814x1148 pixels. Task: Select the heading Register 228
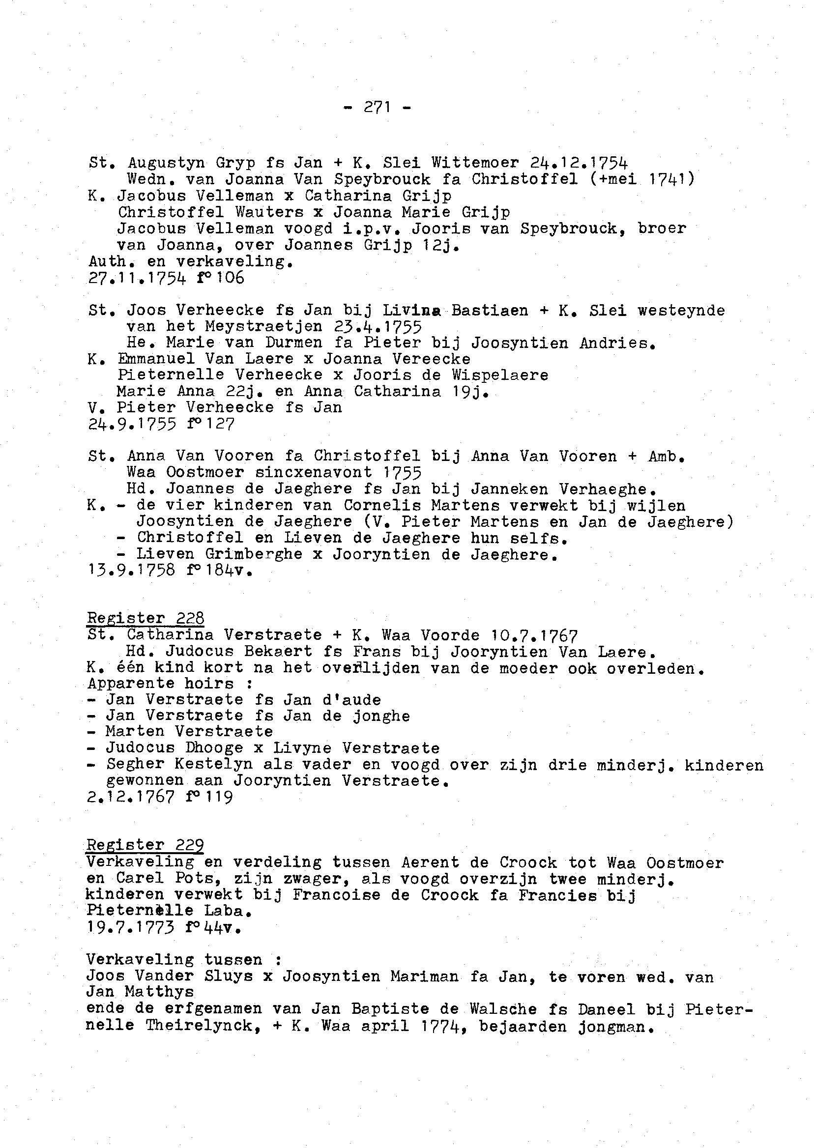pyautogui.click(x=145, y=618)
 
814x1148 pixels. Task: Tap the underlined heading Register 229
pyautogui.click(x=145, y=845)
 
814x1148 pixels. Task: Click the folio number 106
pyautogui.click(x=231, y=278)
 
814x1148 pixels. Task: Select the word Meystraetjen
pyautogui.click(x=263, y=327)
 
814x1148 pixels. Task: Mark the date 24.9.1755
pyautogui.click(x=131, y=425)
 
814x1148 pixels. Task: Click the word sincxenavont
pyautogui.click(x=313, y=473)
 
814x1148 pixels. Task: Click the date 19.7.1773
pyautogui.click(x=130, y=927)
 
